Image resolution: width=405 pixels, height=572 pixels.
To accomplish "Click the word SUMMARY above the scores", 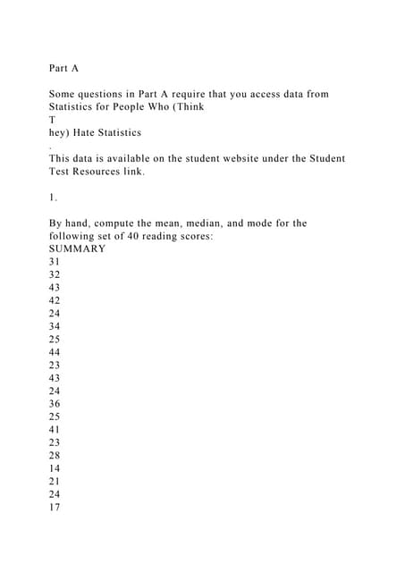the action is [77, 248].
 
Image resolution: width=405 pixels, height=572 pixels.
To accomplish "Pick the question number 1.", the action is [52, 198].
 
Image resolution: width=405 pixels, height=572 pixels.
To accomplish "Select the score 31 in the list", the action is [55, 262].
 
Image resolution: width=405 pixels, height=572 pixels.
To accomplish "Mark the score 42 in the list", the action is [55, 301].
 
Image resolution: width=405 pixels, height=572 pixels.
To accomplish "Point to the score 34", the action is [55, 327].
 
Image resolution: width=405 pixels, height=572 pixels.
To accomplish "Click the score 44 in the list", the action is [55, 353].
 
